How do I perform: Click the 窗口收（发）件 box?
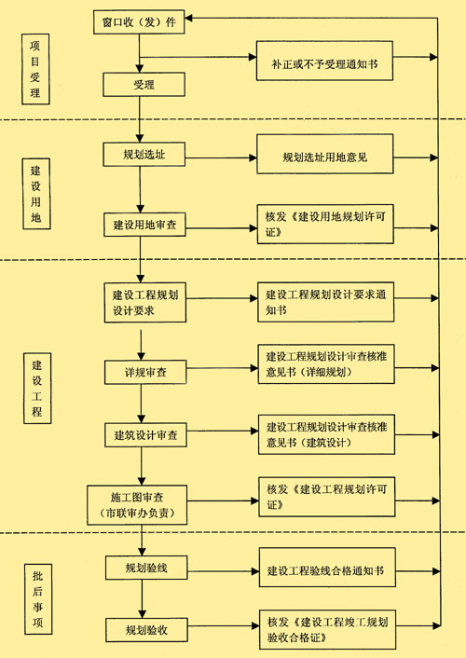tap(139, 21)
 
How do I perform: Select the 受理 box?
tap(144, 85)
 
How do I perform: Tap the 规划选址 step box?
tap(144, 155)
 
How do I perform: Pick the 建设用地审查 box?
tap(144, 225)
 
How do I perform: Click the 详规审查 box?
tap(145, 372)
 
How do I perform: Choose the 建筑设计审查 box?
tap(145, 434)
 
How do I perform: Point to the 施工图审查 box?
tap(137, 505)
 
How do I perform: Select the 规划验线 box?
tap(146, 568)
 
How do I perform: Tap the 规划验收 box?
tap(146, 629)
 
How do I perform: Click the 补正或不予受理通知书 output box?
tap(324, 61)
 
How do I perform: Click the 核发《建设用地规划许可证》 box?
tap(325, 224)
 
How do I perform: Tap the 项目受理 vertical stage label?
tap(35, 69)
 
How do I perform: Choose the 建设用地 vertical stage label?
tap(36, 194)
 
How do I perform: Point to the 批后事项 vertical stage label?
tap(38, 598)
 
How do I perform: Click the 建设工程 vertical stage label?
tap(37, 388)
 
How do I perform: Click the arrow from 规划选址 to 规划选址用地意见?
tap(221, 158)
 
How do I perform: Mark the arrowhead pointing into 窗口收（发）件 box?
tap(188, 18)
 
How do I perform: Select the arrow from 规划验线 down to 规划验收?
tap(142, 599)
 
